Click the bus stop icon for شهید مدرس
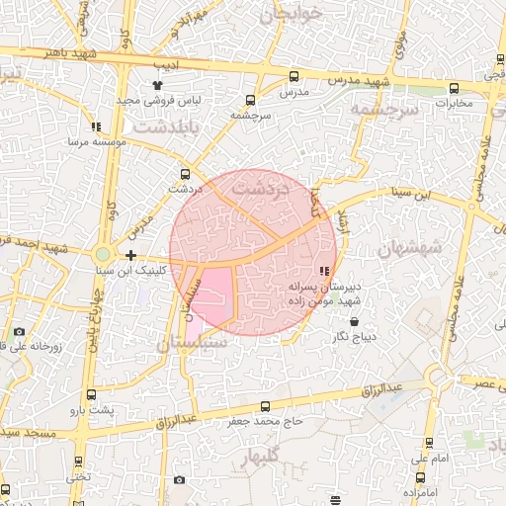(x=294, y=76)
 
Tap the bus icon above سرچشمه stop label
(x=250, y=100)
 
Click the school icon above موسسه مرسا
(x=96, y=126)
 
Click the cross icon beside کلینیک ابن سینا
(x=130, y=255)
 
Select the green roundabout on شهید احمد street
(x=103, y=254)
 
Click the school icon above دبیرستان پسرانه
(x=323, y=272)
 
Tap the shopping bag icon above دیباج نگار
(x=354, y=322)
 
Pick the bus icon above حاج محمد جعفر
(x=265, y=406)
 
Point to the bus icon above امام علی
(x=429, y=444)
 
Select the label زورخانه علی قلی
(x=35, y=347)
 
